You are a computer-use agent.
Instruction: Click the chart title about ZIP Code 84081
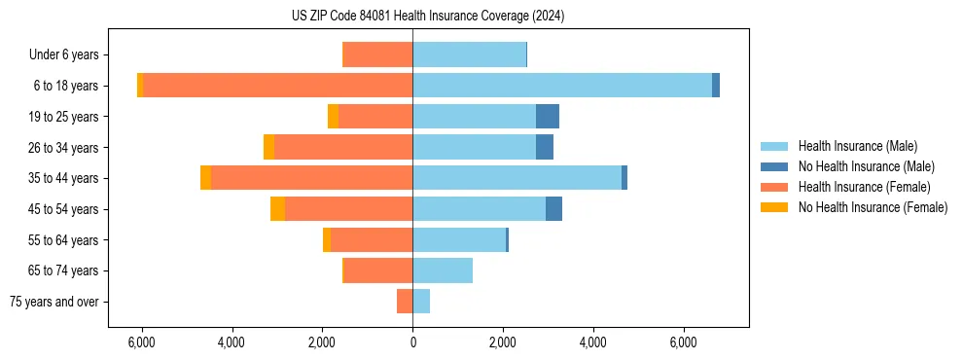tap(428, 16)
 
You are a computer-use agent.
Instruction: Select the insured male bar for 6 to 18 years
tap(562, 86)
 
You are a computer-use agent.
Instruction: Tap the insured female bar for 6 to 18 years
tap(277, 86)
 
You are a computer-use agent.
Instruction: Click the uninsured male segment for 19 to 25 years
tap(548, 117)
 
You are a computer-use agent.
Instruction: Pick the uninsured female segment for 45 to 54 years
tap(277, 209)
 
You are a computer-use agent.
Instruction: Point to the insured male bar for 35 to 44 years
tap(517, 178)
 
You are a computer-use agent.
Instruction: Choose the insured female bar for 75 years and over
tap(405, 302)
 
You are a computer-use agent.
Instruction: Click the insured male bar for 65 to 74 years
tap(443, 270)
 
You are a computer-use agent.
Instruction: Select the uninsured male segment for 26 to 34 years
tap(545, 147)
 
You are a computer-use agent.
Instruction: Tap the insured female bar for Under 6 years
tap(378, 54)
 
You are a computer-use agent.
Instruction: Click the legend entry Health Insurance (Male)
tap(857, 146)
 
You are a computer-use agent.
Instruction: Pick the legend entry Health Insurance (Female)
tap(864, 187)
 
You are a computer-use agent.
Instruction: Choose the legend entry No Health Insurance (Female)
tap(873, 207)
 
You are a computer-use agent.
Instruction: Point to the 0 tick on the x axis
tap(412, 343)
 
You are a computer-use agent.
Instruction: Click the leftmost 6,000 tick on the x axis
tap(142, 343)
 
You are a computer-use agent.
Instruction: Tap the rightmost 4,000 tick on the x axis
tap(592, 343)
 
